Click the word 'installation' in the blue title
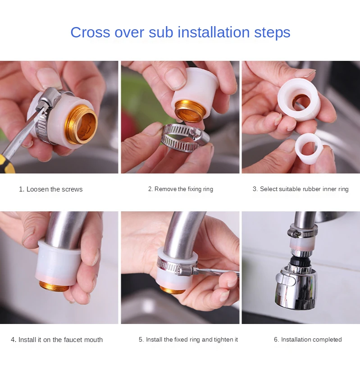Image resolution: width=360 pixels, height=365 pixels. pos(214,32)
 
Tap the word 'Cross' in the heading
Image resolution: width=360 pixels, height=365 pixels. pos(90,32)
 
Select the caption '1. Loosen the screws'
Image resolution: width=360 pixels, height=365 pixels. pos(51,189)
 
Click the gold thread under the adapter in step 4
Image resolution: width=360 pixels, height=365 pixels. pos(54,286)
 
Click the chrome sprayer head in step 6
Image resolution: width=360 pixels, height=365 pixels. pos(296,289)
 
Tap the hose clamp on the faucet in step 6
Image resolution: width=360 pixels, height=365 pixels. pos(302,233)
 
